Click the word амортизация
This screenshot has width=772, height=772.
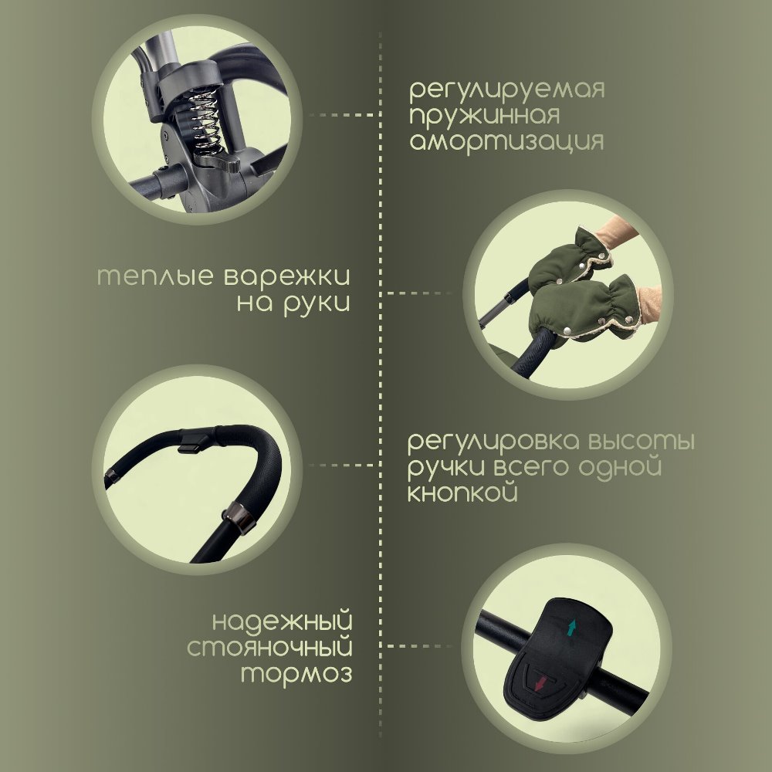[x=506, y=143]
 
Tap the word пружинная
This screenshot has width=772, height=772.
[x=483, y=116]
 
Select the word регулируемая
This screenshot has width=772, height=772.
[x=506, y=89]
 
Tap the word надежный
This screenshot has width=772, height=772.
[x=282, y=620]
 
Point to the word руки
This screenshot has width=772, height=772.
[x=317, y=303]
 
